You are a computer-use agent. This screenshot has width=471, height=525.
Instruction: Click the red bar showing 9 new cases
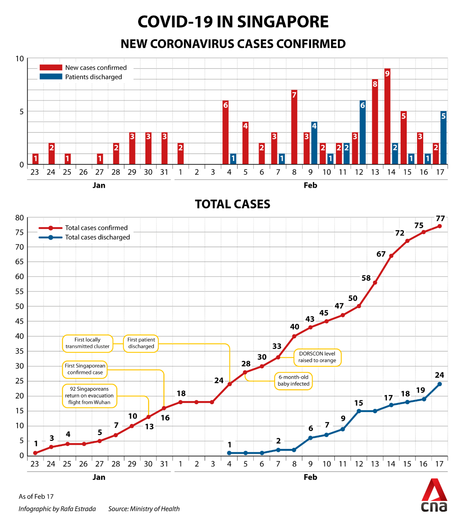click(387, 117)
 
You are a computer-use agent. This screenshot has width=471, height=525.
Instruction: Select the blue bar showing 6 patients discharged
click(362, 132)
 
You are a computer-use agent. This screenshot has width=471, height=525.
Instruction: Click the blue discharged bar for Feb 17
click(443, 138)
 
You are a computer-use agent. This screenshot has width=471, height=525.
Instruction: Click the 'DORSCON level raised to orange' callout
click(317, 357)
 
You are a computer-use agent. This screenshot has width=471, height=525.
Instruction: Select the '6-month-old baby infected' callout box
click(293, 380)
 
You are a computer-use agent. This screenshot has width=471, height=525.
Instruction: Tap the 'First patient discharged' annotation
click(141, 343)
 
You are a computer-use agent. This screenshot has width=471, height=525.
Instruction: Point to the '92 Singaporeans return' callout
click(89, 396)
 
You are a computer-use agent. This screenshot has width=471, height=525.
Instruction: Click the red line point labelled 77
click(440, 226)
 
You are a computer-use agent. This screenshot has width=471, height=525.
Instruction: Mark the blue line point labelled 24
click(440, 384)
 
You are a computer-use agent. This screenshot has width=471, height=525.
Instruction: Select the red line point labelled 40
click(294, 336)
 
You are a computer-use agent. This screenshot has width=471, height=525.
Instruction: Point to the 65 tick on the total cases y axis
click(20, 262)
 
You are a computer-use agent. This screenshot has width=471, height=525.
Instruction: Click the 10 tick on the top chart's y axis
click(20, 59)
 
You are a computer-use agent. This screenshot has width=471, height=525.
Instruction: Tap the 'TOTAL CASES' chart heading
click(233, 204)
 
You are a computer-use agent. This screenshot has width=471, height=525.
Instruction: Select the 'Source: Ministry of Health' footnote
click(144, 509)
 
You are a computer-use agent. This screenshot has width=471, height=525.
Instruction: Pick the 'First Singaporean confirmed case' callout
click(85, 369)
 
